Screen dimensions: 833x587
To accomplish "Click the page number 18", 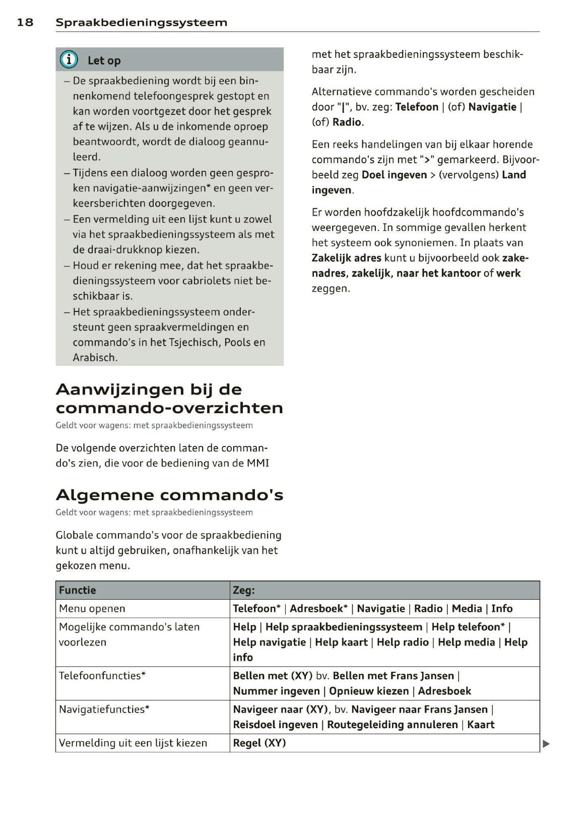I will click(25, 22).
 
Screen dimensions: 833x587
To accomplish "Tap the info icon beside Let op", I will click(69, 60).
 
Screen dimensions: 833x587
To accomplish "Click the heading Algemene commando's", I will click(169, 495).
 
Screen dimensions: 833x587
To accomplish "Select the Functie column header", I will click(78, 590).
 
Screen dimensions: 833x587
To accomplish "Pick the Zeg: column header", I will click(244, 590).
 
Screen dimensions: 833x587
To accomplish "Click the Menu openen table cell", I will click(92, 609).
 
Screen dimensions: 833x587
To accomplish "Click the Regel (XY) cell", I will click(259, 743).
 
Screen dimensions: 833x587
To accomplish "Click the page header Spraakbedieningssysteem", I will click(141, 22).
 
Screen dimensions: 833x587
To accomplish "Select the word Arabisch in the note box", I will click(95, 358).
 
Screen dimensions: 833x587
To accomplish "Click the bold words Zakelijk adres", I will click(347, 258).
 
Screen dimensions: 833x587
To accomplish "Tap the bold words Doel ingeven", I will click(394, 175).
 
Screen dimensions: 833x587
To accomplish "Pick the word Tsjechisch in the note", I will click(194, 343).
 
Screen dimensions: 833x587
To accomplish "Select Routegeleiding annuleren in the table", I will click(393, 725).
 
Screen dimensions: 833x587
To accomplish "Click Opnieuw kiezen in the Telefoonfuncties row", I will click(369, 691).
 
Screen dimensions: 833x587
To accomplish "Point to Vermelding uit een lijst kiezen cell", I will click(133, 743).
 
